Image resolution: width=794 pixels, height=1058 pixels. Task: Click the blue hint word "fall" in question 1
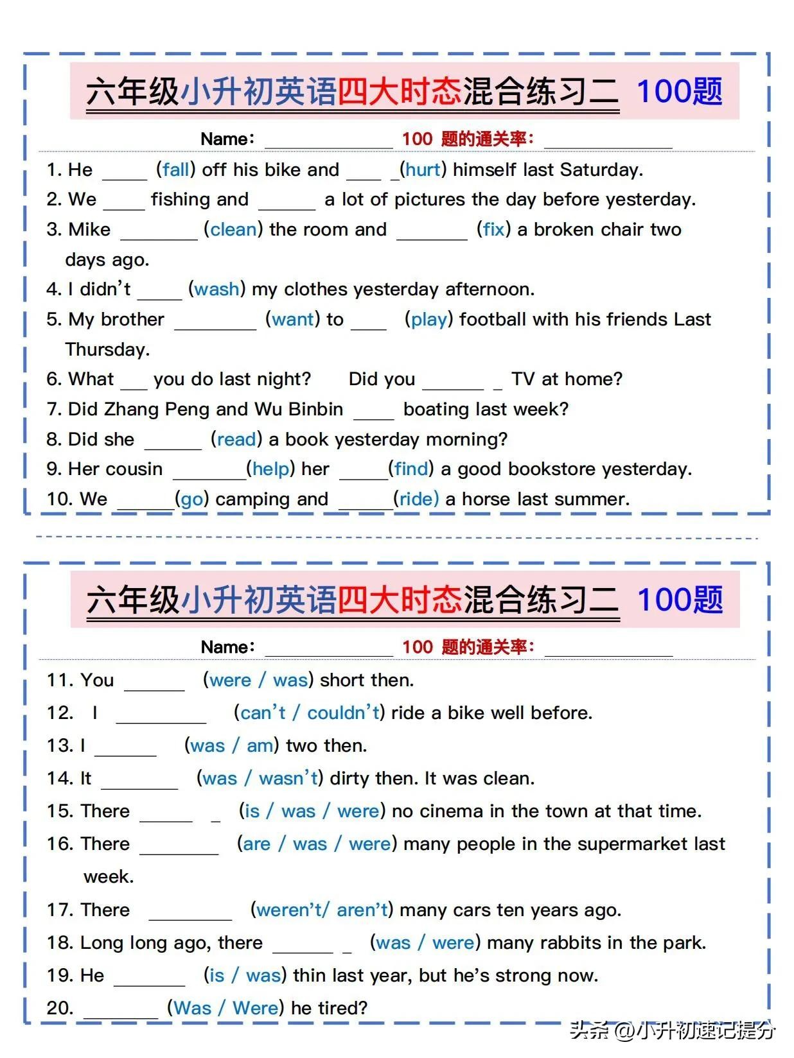pyautogui.click(x=175, y=169)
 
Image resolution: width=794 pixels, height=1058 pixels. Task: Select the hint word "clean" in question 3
pyautogui.click(x=233, y=229)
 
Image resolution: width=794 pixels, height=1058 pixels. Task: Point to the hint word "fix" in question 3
pyautogui.click(x=493, y=229)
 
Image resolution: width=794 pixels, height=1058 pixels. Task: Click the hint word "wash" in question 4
pyautogui.click(x=216, y=290)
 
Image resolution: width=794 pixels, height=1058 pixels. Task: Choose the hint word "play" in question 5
pyautogui.click(x=428, y=320)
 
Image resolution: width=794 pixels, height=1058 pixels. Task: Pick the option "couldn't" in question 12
pyautogui.click(x=343, y=713)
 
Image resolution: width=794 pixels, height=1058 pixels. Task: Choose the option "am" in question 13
pyautogui.click(x=260, y=745)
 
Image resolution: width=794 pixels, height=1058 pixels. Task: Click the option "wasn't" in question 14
pyautogui.click(x=288, y=778)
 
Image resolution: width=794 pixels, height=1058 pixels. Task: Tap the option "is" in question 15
pyautogui.click(x=252, y=811)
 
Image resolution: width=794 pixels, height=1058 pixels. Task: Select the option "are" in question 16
pyautogui.click(x=256, y=844)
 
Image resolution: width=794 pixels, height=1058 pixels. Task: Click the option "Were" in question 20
pyautogui.click(x=255, y=1008)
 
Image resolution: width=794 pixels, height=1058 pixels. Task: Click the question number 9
pyautogui.click(x=53, y=469)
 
